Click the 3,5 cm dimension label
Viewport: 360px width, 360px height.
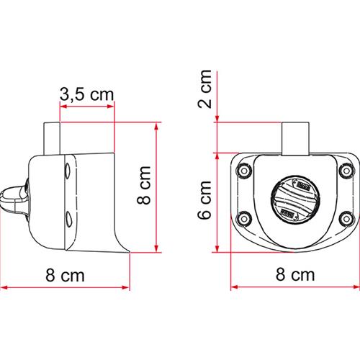click(86, 94)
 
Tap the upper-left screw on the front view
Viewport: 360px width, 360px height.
click(243, 171)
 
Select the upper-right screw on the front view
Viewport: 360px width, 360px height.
click(343, 170)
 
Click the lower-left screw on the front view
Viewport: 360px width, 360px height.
click(243, 217)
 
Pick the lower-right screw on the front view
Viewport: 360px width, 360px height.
click(342, 216)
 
